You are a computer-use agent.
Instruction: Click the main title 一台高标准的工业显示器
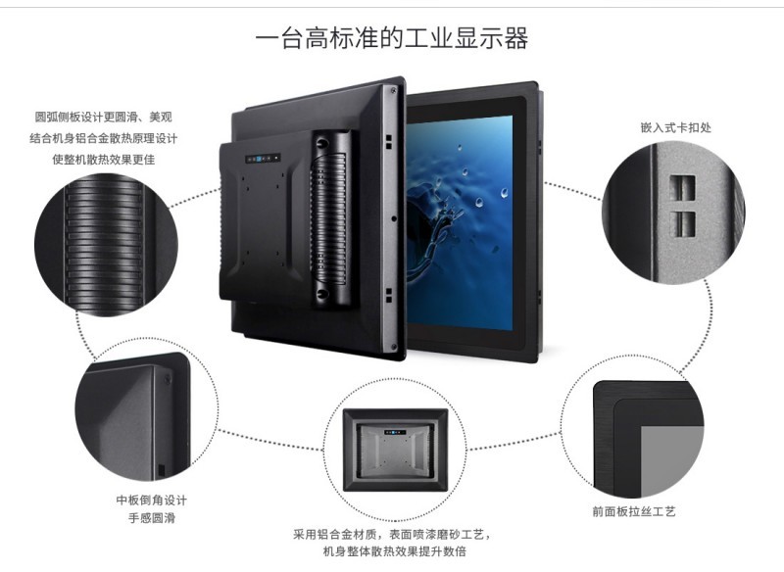(x=391, y=38)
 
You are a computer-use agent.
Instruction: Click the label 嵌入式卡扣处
(x=675, y=127)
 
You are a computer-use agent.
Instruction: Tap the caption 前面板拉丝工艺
(x=634, y=511)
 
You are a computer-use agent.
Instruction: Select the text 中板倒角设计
(x=152, y=500)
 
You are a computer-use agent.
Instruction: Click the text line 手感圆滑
(x=152, y=517)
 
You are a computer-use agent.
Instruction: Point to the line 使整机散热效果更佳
(x=104, y=160)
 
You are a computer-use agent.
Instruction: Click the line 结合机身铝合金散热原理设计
(x=104, y=138)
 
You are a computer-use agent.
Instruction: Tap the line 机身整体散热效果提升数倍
(x=395, y=551)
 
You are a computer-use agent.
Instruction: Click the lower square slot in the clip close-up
(x=682, y=223)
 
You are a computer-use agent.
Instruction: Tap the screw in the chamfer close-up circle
(x=168, y=379)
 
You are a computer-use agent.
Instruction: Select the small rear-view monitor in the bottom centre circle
(x=395, y=450)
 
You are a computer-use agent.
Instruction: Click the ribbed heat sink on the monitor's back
(x=330, y=218)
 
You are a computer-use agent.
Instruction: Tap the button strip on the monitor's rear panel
(x=263, y=159)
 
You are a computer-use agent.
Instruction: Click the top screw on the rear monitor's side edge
(x=393, y=91)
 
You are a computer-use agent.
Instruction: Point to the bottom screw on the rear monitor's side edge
(x=393, y=347)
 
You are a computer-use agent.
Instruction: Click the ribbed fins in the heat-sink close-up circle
(x=104, y=245)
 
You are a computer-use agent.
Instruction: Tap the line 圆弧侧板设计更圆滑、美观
(x=104, y=117)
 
